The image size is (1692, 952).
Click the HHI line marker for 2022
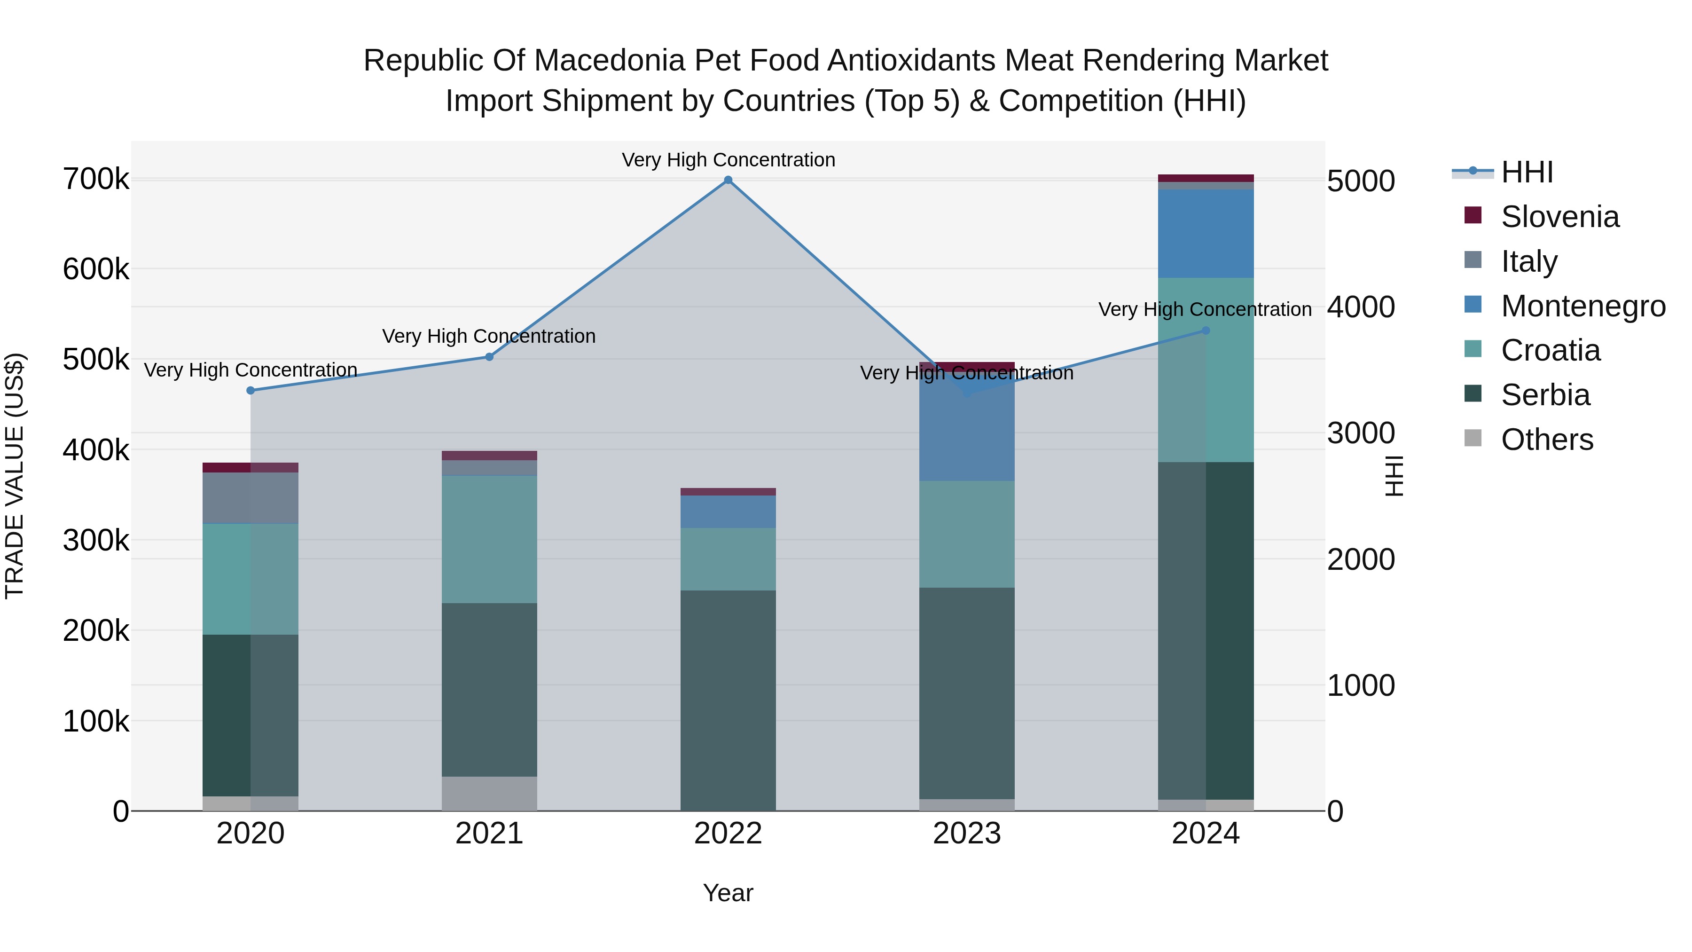click(728, 180)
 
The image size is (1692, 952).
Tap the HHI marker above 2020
click(250, 390)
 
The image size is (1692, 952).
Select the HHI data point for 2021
click(489, 357)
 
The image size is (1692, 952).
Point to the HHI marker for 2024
click(1205, 330)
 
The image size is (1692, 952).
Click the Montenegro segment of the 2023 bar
click(966, 433)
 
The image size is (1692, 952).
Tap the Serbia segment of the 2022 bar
click(728, 700)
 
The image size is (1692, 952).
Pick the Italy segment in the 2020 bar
click(250, 497)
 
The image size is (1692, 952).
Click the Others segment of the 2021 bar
click(489, 793)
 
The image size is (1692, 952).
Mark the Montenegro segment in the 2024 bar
click(1205, 233)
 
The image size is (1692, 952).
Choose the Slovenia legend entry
click(1559, 217)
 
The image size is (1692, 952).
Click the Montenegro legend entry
click(1583, 306)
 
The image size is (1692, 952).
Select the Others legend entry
click(1547, 440)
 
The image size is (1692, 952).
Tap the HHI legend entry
click(1527, 172)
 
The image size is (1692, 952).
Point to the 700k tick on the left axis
click(96, 179)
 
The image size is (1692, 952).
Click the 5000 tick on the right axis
click(1360, 181)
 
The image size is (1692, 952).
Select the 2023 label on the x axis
click(966, 834)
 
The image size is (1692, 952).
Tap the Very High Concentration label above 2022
click(728, 160)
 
